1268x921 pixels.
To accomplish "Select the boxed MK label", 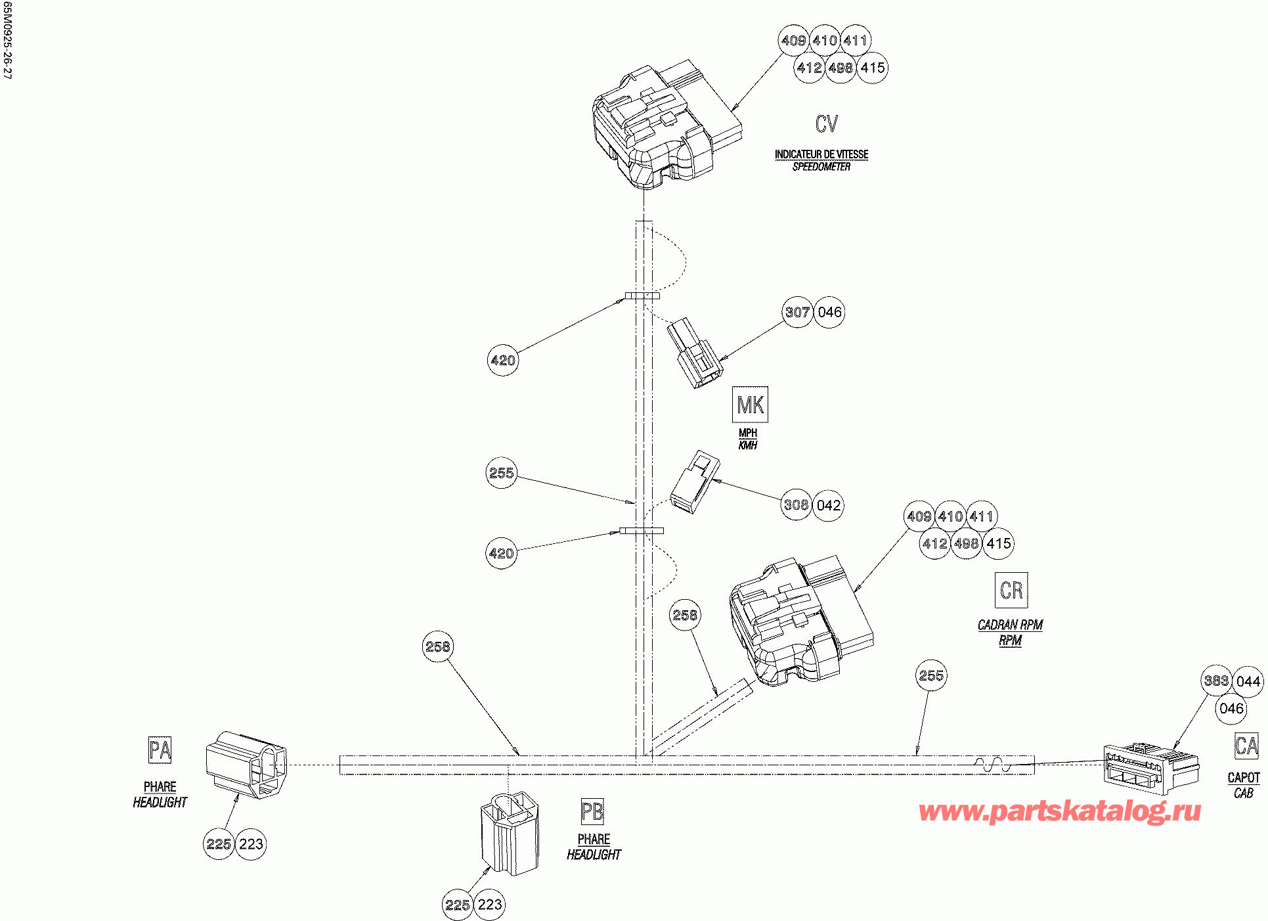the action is (750, 405).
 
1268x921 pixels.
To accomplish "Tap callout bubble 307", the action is (798, 312).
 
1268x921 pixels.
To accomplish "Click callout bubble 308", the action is (797, 505).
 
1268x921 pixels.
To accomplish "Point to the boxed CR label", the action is (1011, 590).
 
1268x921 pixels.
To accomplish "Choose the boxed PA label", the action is (160, 750).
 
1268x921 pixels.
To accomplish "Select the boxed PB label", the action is (592, 812).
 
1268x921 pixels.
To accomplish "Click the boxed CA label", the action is (1246, 746).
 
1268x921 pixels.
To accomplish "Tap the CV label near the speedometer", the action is (827, 124).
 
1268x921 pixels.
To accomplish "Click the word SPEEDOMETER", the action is (821, 167).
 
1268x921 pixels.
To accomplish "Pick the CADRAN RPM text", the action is (1010, 625).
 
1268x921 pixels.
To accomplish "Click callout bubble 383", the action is (1216, 681).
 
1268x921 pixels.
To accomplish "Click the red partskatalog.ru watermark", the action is (1060, 812).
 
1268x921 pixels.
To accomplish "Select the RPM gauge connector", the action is (798, 624).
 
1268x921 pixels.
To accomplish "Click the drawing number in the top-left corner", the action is (7, 40).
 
